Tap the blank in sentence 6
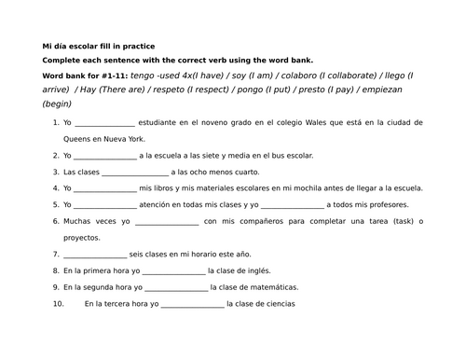[x=167, y=221]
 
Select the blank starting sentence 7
[x=95, y=254]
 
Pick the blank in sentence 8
[x=175, y=270]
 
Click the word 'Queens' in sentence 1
[x=76, y=139]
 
